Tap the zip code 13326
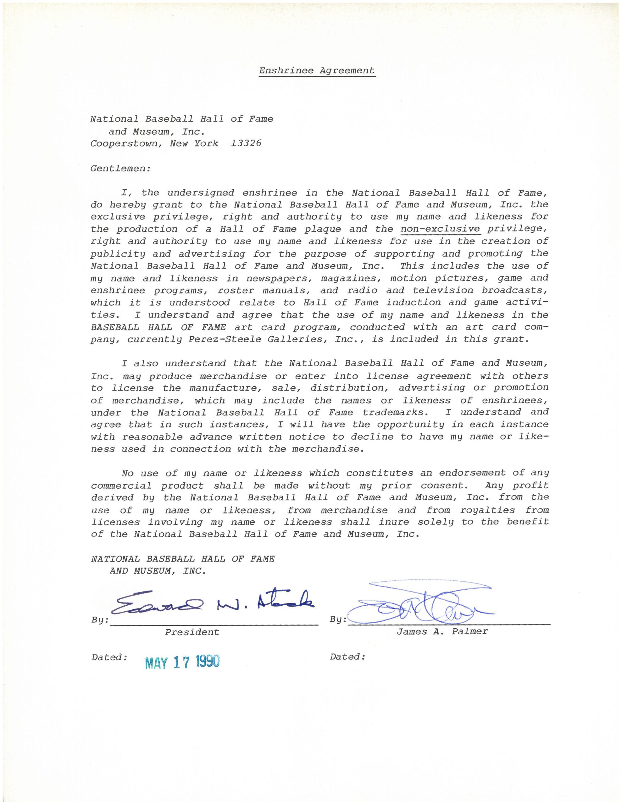point(246,143)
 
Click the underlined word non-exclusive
point(440,229)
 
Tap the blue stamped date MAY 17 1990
point(182,662)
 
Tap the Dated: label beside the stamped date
point(109,657)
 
